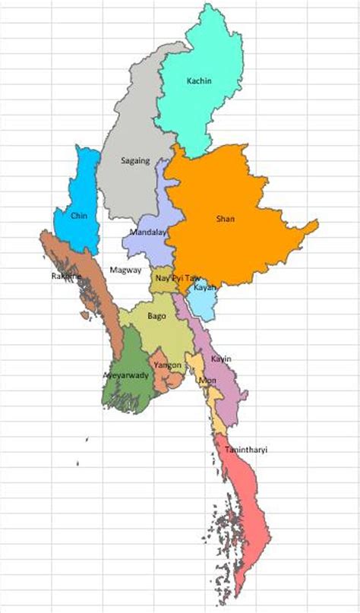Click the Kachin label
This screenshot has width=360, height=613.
coord(199,80)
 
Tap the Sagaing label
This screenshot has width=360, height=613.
coord(135,160)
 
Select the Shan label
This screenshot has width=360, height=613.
coord(226,219)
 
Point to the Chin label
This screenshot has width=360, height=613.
coord(79,216)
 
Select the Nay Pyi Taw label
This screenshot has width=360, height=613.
coord(176,278)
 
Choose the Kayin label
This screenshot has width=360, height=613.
coord(221,359)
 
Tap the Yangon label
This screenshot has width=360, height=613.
coord(167,365)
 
